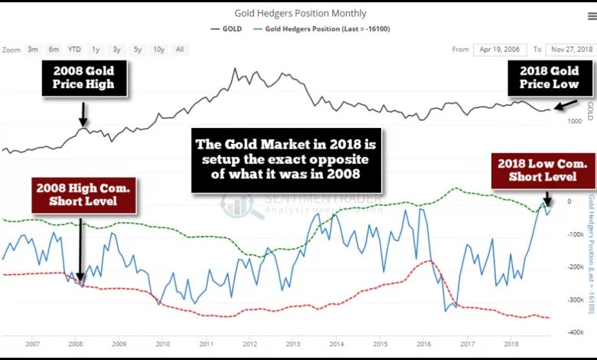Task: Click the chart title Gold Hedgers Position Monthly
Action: pyautogui.click(x=300, y=13)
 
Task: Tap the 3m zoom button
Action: pyautogui.click(x=33, y=50)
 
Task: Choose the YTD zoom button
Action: pyautogui.click(x=74, y=50)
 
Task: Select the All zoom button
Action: pyautogui.click(x=179, y=50)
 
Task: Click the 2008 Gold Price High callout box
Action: pyautogui.click(x=83, y=78)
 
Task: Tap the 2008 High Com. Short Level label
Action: pyautogui.click(x=83, y=195)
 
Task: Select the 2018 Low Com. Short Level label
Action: pyautogui.click(x=543, y=170)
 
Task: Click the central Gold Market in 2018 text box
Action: pyautogui.click(x=286, y=160)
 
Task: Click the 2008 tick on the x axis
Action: pyautogui.click(x=76, y=345)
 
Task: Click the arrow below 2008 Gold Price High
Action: pyautogui.click(x=83, y=115)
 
